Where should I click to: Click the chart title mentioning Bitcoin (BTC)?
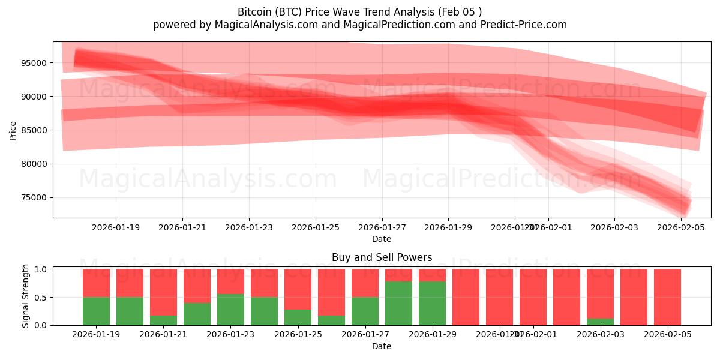click(x=359, y=12)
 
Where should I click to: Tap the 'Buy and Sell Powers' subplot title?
click(x=382, y=257)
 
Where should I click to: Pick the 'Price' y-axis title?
click(x=13, y=130)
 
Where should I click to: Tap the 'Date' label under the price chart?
click(x=382, y=239)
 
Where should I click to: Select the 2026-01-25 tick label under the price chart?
click(x=316, y=227)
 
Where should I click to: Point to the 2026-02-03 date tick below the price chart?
click(x=614, y=227)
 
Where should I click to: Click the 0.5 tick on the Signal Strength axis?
click(x=41, y=297)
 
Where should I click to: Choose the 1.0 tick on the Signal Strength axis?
click(x=41, y=269)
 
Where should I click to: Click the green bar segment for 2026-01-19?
click(x=96, y=311)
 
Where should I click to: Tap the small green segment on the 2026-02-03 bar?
click(x=600, y=322)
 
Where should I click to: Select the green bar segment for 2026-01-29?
click(x=432, y=303)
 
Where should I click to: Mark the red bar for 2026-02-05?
click(x=667, y=297)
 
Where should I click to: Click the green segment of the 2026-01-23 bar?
click(x=230, y=310)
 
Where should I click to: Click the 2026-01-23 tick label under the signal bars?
click(x=230, y=334)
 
